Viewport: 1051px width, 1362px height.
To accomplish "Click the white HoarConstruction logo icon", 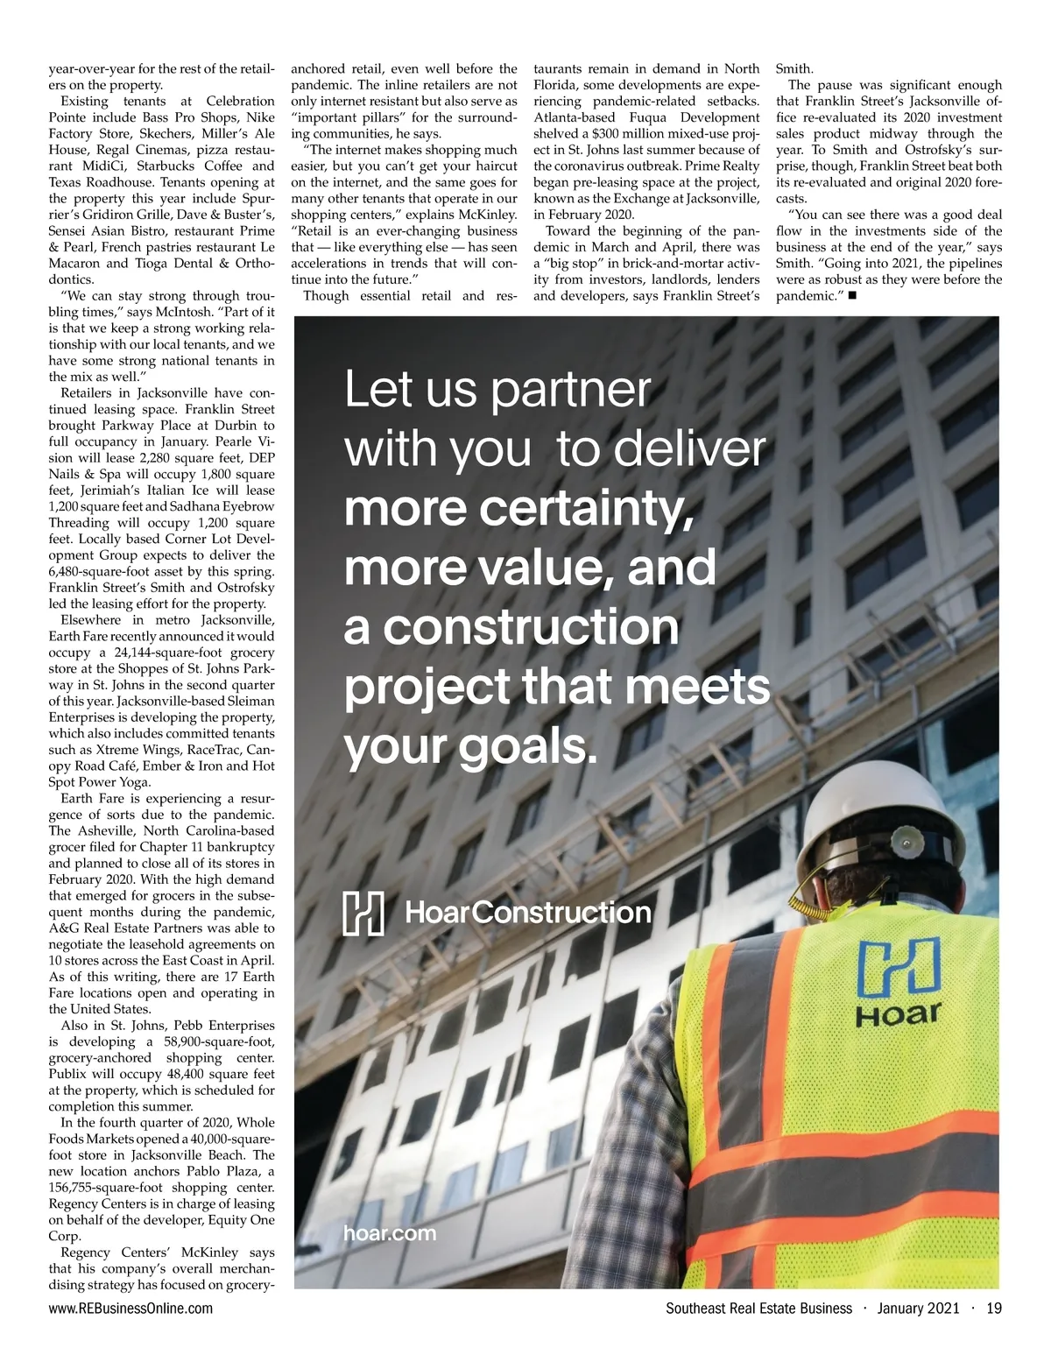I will click(363, 913).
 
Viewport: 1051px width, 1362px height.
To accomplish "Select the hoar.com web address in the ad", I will click(389, 1234).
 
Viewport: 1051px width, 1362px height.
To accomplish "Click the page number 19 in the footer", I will click(993, 1309).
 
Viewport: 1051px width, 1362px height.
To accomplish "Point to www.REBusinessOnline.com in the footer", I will click(130, 1309).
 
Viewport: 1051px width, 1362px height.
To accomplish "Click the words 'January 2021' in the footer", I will click(917, 1309).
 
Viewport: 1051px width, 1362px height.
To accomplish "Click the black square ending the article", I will click(852, 297).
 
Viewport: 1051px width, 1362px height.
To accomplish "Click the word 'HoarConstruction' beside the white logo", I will click(528, 913).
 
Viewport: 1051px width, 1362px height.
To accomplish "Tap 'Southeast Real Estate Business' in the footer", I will click(758, 1309).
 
